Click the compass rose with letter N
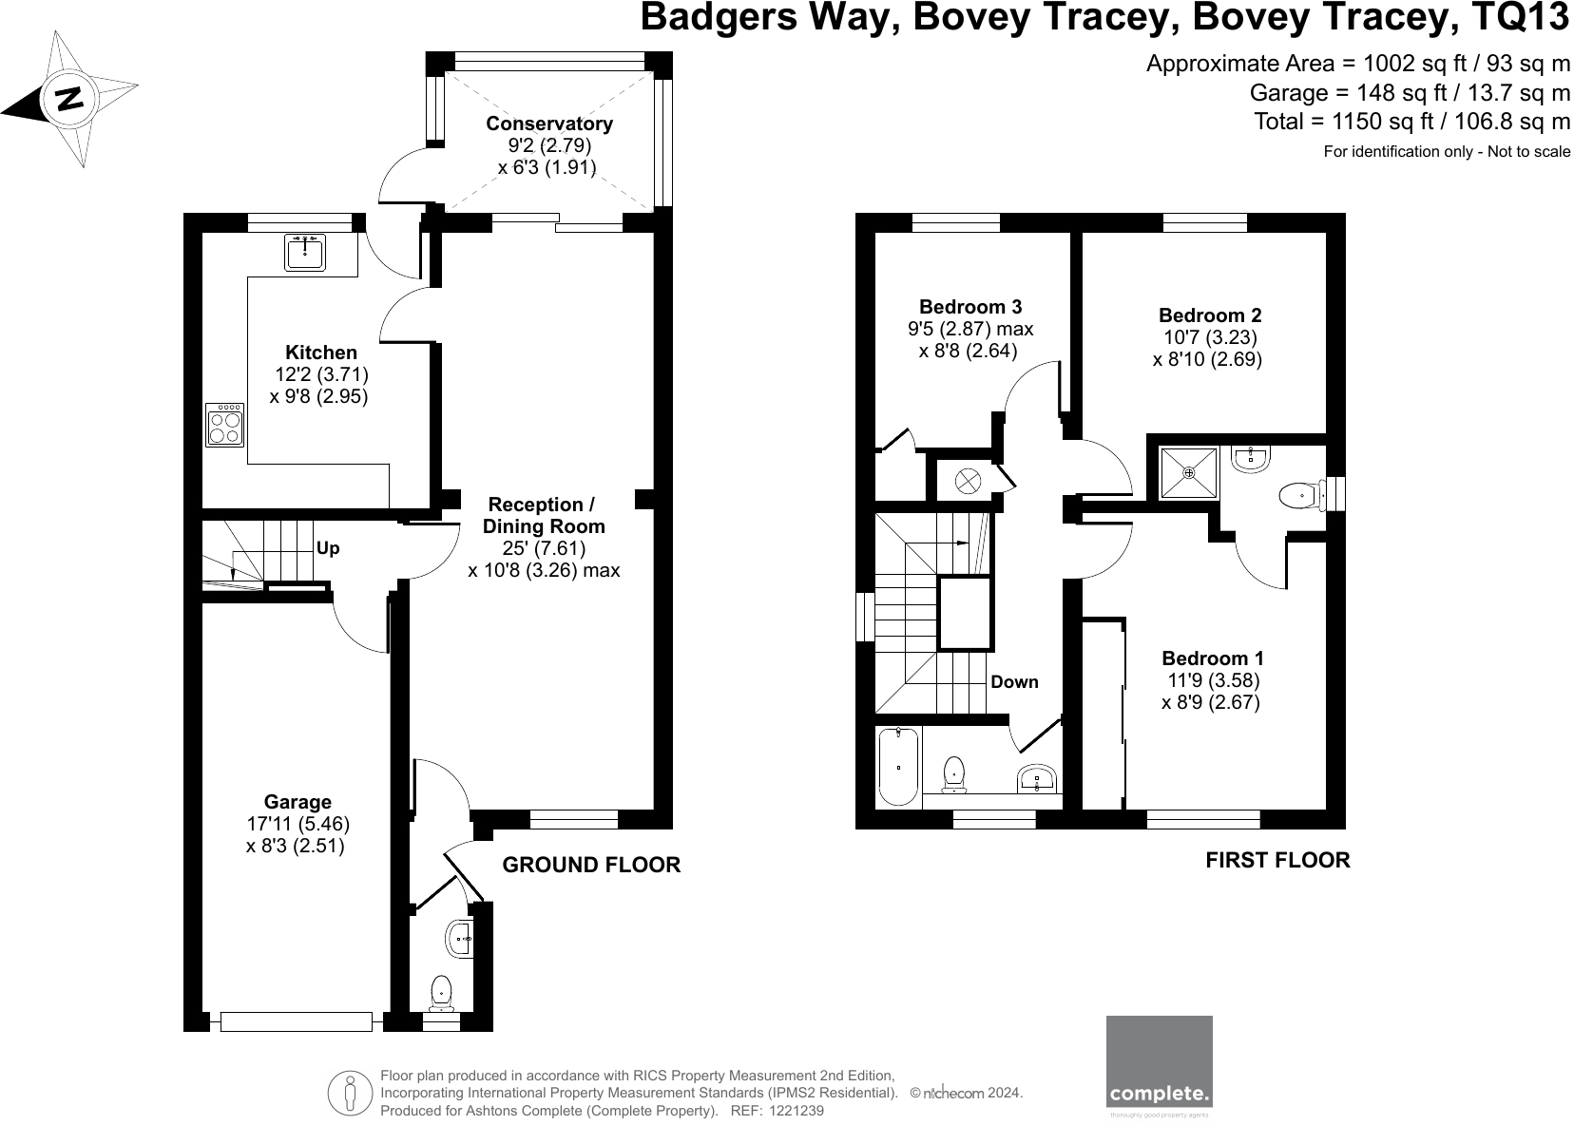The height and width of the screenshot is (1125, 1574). [x=69, y=98]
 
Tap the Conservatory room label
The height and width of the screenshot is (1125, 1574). [x=548, y=124]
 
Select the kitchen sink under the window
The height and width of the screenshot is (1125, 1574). [x=305, y=253]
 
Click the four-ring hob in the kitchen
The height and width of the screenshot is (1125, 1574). [x=225, y=425]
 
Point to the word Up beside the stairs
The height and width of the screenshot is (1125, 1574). [x=328, y=549]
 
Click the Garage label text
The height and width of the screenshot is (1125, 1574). [x=298, y=803]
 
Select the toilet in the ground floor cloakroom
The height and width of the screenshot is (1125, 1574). [x=441, y=993]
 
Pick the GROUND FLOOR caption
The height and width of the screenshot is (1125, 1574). [x=590, y=865]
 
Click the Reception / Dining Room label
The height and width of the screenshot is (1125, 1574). [x=543, y=515]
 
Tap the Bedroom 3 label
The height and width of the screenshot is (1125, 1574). [x=969, y=307]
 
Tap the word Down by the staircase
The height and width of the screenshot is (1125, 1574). [x=1014, y=682]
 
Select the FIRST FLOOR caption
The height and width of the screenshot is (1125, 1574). [x=1276, y=860]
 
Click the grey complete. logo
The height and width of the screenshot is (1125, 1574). [x=1159, y=1061]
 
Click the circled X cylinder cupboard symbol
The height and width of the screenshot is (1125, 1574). [x=967, y=481]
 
